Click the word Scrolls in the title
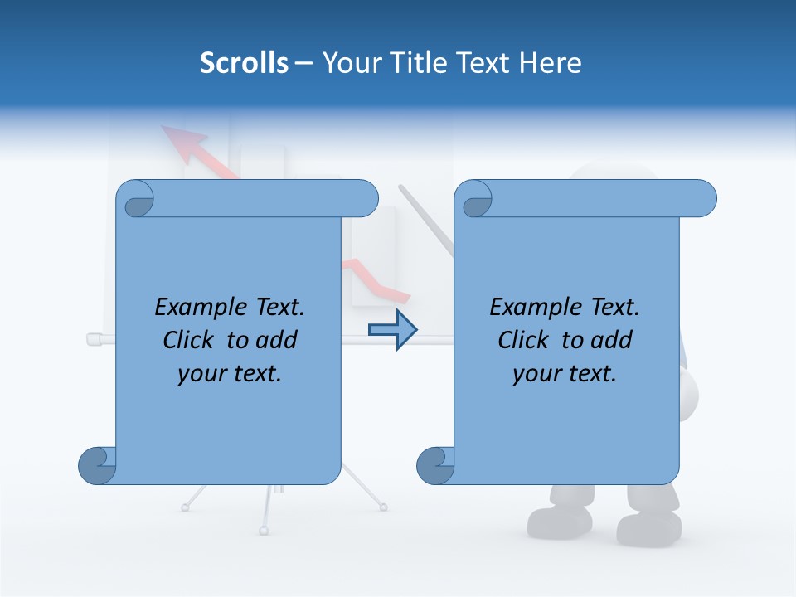245,63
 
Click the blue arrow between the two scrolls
392,330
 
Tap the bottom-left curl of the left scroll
97,465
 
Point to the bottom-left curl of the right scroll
435,465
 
